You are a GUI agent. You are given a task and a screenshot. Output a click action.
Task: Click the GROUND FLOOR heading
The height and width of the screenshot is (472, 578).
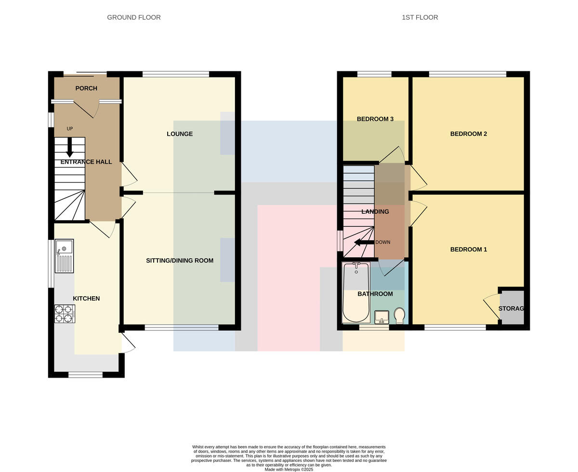(x=134, y=17)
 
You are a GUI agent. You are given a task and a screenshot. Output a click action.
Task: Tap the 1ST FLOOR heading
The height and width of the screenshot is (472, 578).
(x=420, y=17)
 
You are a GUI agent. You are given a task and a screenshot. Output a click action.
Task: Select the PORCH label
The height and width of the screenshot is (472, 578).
(x=86, y=88)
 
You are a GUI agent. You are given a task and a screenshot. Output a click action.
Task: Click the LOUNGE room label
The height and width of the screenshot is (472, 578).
(x=180, y=134)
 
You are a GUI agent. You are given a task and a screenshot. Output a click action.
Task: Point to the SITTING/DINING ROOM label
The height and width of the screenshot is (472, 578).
(x=180, y=261)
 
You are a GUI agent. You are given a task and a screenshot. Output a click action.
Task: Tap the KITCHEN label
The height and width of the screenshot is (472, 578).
(x=86, y=298)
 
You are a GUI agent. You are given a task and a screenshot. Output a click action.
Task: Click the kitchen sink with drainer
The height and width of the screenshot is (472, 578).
(x=64, y=256)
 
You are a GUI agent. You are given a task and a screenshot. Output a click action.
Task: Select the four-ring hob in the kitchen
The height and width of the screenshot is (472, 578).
(x=65, y=314)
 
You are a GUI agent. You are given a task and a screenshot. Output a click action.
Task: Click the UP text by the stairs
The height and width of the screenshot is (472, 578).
(x=70, y=129)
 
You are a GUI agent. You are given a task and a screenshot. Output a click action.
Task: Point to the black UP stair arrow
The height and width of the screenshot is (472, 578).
(x=70, y=147)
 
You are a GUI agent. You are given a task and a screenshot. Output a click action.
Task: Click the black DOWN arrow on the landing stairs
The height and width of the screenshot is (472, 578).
(x=364, y=242)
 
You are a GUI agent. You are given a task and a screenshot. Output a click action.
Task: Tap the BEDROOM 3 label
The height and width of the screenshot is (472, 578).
(x=375, y=119)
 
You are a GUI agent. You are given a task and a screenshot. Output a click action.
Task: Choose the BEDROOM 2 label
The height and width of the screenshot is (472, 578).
(x=468, y=134)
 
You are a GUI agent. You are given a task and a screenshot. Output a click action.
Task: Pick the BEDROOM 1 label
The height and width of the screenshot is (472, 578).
(x=468, y=249)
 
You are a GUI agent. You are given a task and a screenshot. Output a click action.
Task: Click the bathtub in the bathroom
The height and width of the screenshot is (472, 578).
(x=356, y=292)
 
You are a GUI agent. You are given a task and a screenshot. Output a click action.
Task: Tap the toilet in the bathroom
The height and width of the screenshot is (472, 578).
(x=399, y=316)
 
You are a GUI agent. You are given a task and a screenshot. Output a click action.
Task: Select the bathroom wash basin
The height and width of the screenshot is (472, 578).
(x=381, y=317)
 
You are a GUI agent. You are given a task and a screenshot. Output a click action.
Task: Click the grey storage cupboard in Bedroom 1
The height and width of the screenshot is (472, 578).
(x=512, y=307)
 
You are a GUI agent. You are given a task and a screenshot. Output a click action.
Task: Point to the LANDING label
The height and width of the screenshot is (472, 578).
(x=375, y=211)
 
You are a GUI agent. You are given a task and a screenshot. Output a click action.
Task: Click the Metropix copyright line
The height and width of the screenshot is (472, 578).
(x=289, y=469)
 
